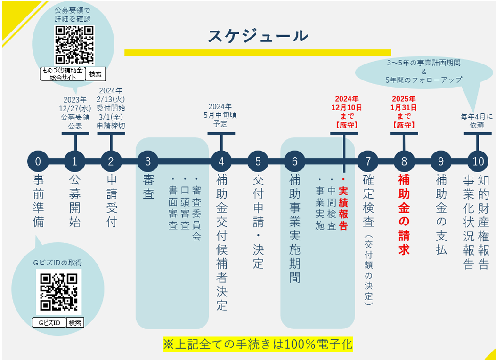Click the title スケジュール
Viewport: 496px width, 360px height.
258,36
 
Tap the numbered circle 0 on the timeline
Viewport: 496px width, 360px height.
38,161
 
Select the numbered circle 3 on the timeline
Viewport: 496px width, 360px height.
148,161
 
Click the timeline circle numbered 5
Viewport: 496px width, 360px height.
258,161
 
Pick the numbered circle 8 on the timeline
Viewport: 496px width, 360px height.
404,161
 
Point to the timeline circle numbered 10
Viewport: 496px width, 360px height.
478,161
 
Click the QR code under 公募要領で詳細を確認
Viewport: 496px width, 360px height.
74,45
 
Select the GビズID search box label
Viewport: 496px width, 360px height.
49,323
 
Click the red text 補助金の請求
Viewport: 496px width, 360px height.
404,214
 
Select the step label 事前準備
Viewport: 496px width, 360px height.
38,201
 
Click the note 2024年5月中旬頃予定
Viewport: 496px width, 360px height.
220,115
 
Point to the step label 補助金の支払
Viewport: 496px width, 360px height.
441,214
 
